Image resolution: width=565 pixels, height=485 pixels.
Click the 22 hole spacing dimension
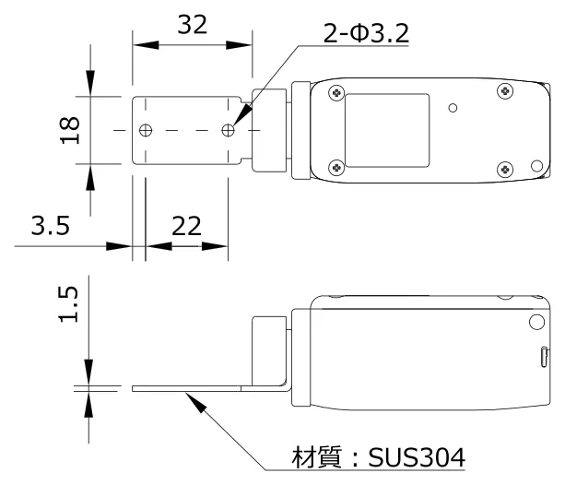point(186,227)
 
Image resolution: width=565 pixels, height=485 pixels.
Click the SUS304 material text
point(420,456)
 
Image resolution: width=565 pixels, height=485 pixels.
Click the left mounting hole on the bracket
point(145,131)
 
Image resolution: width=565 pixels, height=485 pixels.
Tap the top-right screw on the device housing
point(503,90)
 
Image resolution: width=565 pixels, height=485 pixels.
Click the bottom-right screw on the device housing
point(503,169)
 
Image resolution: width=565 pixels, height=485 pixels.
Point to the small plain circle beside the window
point(453,108)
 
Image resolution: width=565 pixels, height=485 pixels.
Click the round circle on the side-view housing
point(536,322)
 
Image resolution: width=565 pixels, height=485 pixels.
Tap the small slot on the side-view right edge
point(544,357)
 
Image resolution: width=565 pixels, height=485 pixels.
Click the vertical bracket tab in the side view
point(268,350)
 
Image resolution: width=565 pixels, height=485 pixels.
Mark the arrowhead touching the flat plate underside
point(189,396)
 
